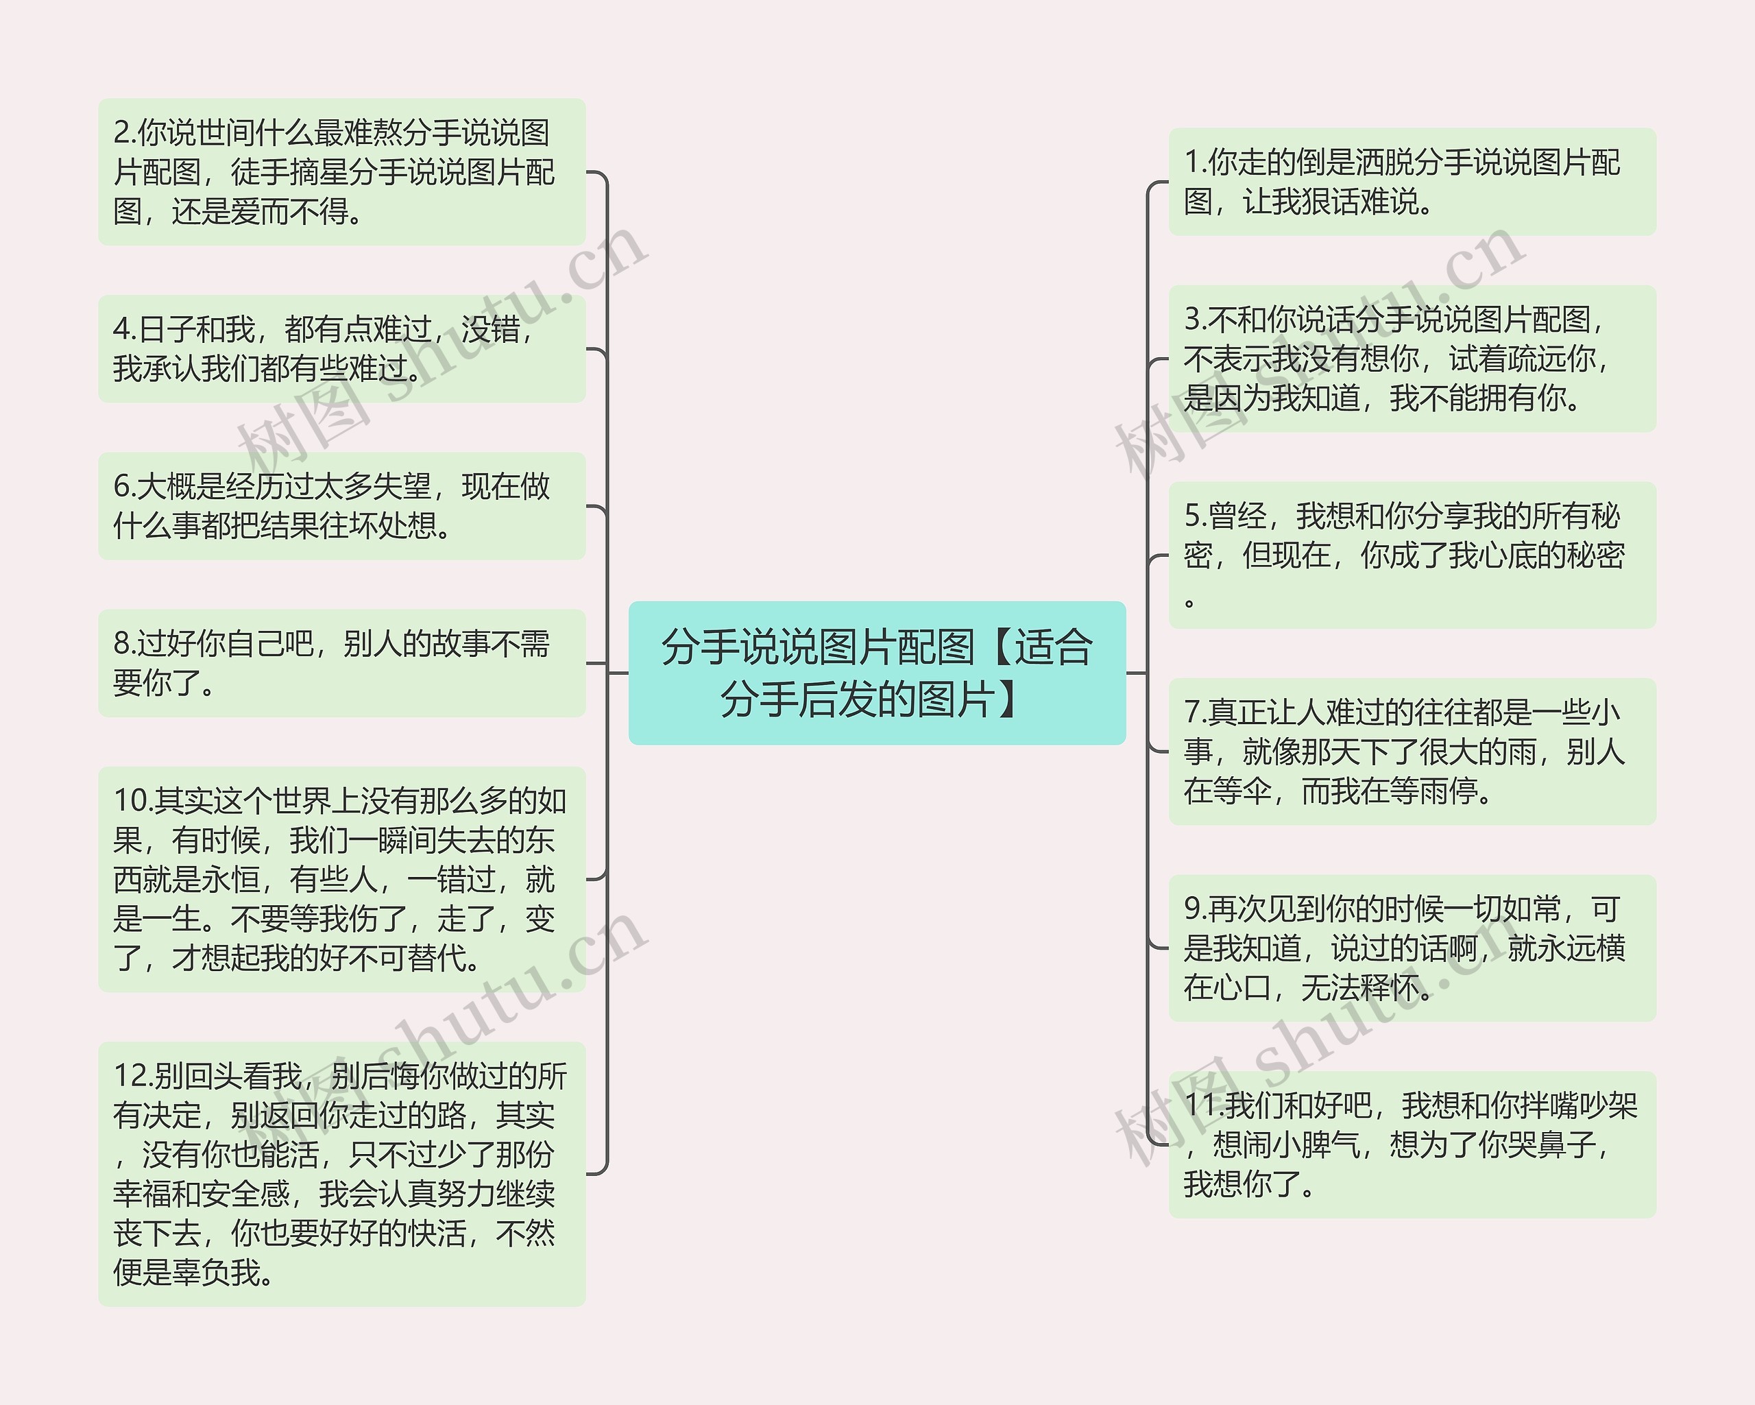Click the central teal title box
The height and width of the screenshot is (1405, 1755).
(877, 673)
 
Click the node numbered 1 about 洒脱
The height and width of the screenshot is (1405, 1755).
(1412, 182)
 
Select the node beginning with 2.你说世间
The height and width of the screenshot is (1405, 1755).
(342, 171)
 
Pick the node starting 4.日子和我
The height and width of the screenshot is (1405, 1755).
(342, 348)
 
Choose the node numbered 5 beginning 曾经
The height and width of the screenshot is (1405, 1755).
(1412, 555)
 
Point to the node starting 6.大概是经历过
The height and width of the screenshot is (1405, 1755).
(342, 505)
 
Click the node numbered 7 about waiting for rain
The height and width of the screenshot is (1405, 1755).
(1412, 751)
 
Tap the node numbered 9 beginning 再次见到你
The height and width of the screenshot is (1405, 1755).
(1412, 948)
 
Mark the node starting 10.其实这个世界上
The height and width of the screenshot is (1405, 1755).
(342, 879)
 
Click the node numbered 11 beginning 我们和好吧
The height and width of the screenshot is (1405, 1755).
(1412, 1144)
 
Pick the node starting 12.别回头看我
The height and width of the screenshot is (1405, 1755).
(342, 1174)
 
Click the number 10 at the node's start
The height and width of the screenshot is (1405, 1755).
(130, 801)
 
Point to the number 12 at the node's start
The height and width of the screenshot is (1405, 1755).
(130, 1076)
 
